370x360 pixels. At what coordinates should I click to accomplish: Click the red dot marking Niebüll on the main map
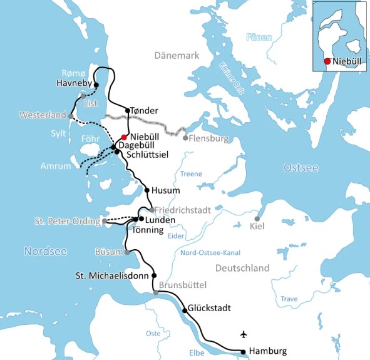tap(125, 137)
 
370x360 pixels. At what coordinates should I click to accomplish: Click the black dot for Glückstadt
tap(185, 311)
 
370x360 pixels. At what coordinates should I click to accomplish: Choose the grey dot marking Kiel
tap(257, 219)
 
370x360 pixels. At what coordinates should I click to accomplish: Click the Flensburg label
tap(210, 138)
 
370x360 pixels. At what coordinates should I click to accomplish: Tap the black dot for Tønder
tap(128, 111)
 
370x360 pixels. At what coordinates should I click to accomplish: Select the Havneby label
tap(74, 83)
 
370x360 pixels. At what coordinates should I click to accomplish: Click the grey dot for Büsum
tap(127, 252)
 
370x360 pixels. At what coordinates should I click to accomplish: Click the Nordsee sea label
tap(44, 251)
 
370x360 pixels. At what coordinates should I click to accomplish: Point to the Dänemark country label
tap(177, 56)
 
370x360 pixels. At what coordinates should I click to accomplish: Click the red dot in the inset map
tap(327, 61)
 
